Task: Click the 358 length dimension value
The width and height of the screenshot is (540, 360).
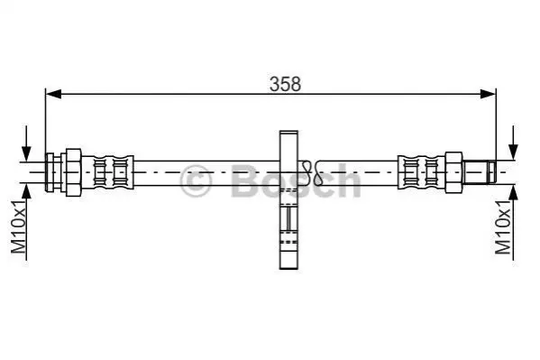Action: pos(285,85)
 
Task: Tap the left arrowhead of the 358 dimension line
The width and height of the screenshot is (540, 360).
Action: pos(53,94)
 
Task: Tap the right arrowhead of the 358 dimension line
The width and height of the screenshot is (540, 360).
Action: pos(488,94)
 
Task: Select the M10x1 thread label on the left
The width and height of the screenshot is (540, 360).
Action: pos(18,226)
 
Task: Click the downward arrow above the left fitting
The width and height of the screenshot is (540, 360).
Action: pos(26,143)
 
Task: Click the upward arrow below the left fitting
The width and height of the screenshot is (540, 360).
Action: pos(26,222)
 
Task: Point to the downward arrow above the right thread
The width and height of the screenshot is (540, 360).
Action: pos(513,143)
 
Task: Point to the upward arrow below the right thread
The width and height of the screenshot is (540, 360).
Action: pos(513,223)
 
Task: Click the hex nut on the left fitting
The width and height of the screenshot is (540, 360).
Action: pos(73,172)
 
